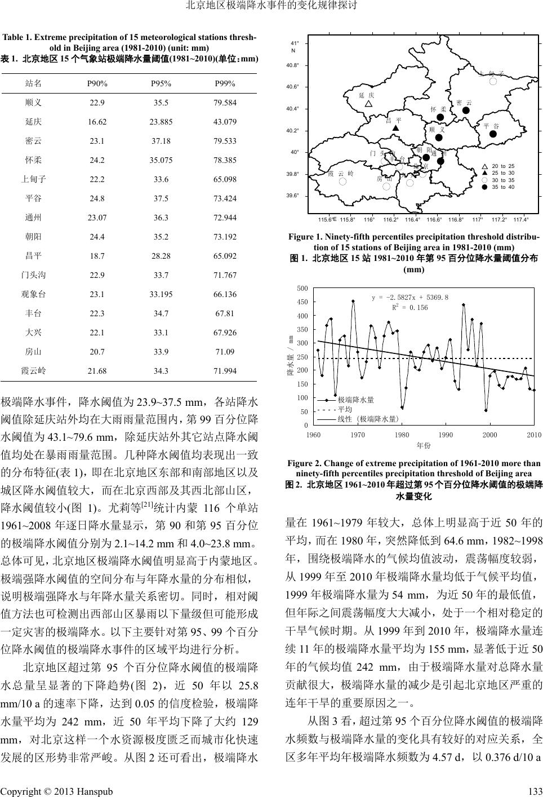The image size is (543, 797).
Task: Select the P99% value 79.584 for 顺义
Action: [x=225, y=103]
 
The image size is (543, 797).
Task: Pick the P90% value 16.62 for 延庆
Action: [x=97, y=122]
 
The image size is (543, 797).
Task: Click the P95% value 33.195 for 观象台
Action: [x=161, y=294]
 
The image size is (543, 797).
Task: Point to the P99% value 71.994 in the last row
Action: [x=225, y=371]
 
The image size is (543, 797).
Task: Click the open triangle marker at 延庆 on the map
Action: [x=368, y=104]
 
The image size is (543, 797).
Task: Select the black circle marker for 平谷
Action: [x=493, y=134]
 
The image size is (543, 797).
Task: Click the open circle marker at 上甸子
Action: [x=493, y=82]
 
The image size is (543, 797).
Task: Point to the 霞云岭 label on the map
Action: [x=341, y=174]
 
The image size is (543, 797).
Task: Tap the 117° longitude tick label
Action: [x=478, y=219]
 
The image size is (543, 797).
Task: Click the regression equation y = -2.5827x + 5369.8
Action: [x=410, y=297]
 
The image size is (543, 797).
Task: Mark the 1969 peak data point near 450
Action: [x=353, y=301]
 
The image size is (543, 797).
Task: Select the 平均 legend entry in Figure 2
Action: [x=345, y=409]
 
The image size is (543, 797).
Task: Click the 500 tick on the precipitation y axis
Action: [x=303, y=289]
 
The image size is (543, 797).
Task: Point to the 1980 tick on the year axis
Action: [x=402, y=435]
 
